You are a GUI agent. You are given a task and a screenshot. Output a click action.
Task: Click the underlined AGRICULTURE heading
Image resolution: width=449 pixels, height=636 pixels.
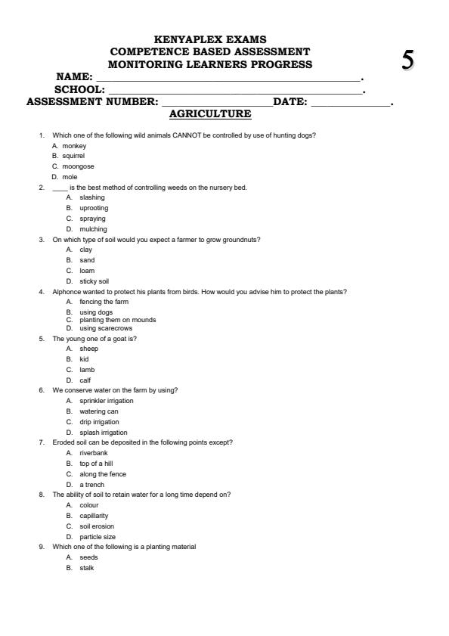pos(210,113)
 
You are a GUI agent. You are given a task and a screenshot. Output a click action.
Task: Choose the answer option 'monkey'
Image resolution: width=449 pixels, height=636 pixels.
pos(74,145)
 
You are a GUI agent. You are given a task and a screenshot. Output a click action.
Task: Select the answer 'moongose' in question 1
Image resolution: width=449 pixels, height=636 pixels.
pos(78,166)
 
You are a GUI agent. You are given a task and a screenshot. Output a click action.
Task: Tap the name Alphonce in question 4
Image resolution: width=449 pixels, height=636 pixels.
pos(67,291)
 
